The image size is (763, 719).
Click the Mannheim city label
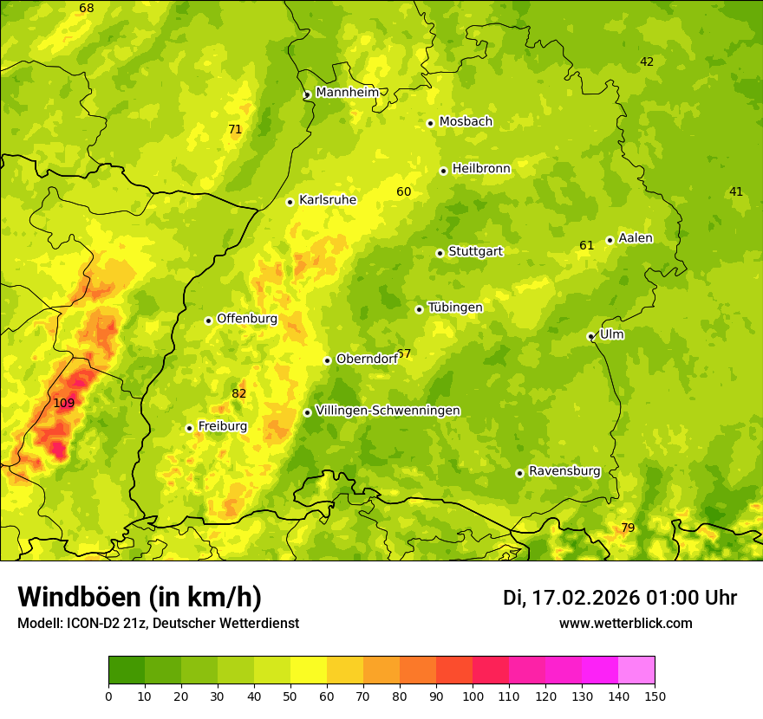pyautogui.click(x=347, y=93)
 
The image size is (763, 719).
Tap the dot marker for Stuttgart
pyautogui.click(x=440, y=253)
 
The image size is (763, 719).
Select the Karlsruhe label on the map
pyautogui.click(x=327, y=200)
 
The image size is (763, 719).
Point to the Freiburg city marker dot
pyautogui.click(x=189, y=428)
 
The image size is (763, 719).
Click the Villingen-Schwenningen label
pyautogui.click(x=388, y=411)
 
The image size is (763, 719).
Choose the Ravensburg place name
pyautogui.click(x=564, y=471)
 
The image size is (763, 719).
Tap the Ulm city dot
pyautogui.click(x=590, y=336)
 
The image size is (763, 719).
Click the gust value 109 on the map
pyautogui.click(x=64, y=404)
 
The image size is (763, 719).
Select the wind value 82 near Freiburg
pyautogui.click(x=239, y=394)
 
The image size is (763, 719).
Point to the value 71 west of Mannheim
pyautogui.click(x=235, y=130)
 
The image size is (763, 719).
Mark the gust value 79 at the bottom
pyautogui.click(x=628, y=528)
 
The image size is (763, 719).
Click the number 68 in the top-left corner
pyautogui.click(x=87, y=9)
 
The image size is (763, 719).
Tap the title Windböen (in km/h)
pyautogui.click(x=139, y=598)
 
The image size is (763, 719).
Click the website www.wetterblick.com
pyautogui.click(x=625, y=624)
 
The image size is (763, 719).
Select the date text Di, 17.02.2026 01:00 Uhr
pyautogui.click(x=620, y=598)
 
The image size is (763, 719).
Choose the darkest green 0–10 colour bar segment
pyautogui.click(x=127, y=670)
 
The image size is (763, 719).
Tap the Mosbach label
pyautogui.click(x=466, y=122)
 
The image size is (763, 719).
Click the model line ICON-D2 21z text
pyautogui.click(x=158, y=624)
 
